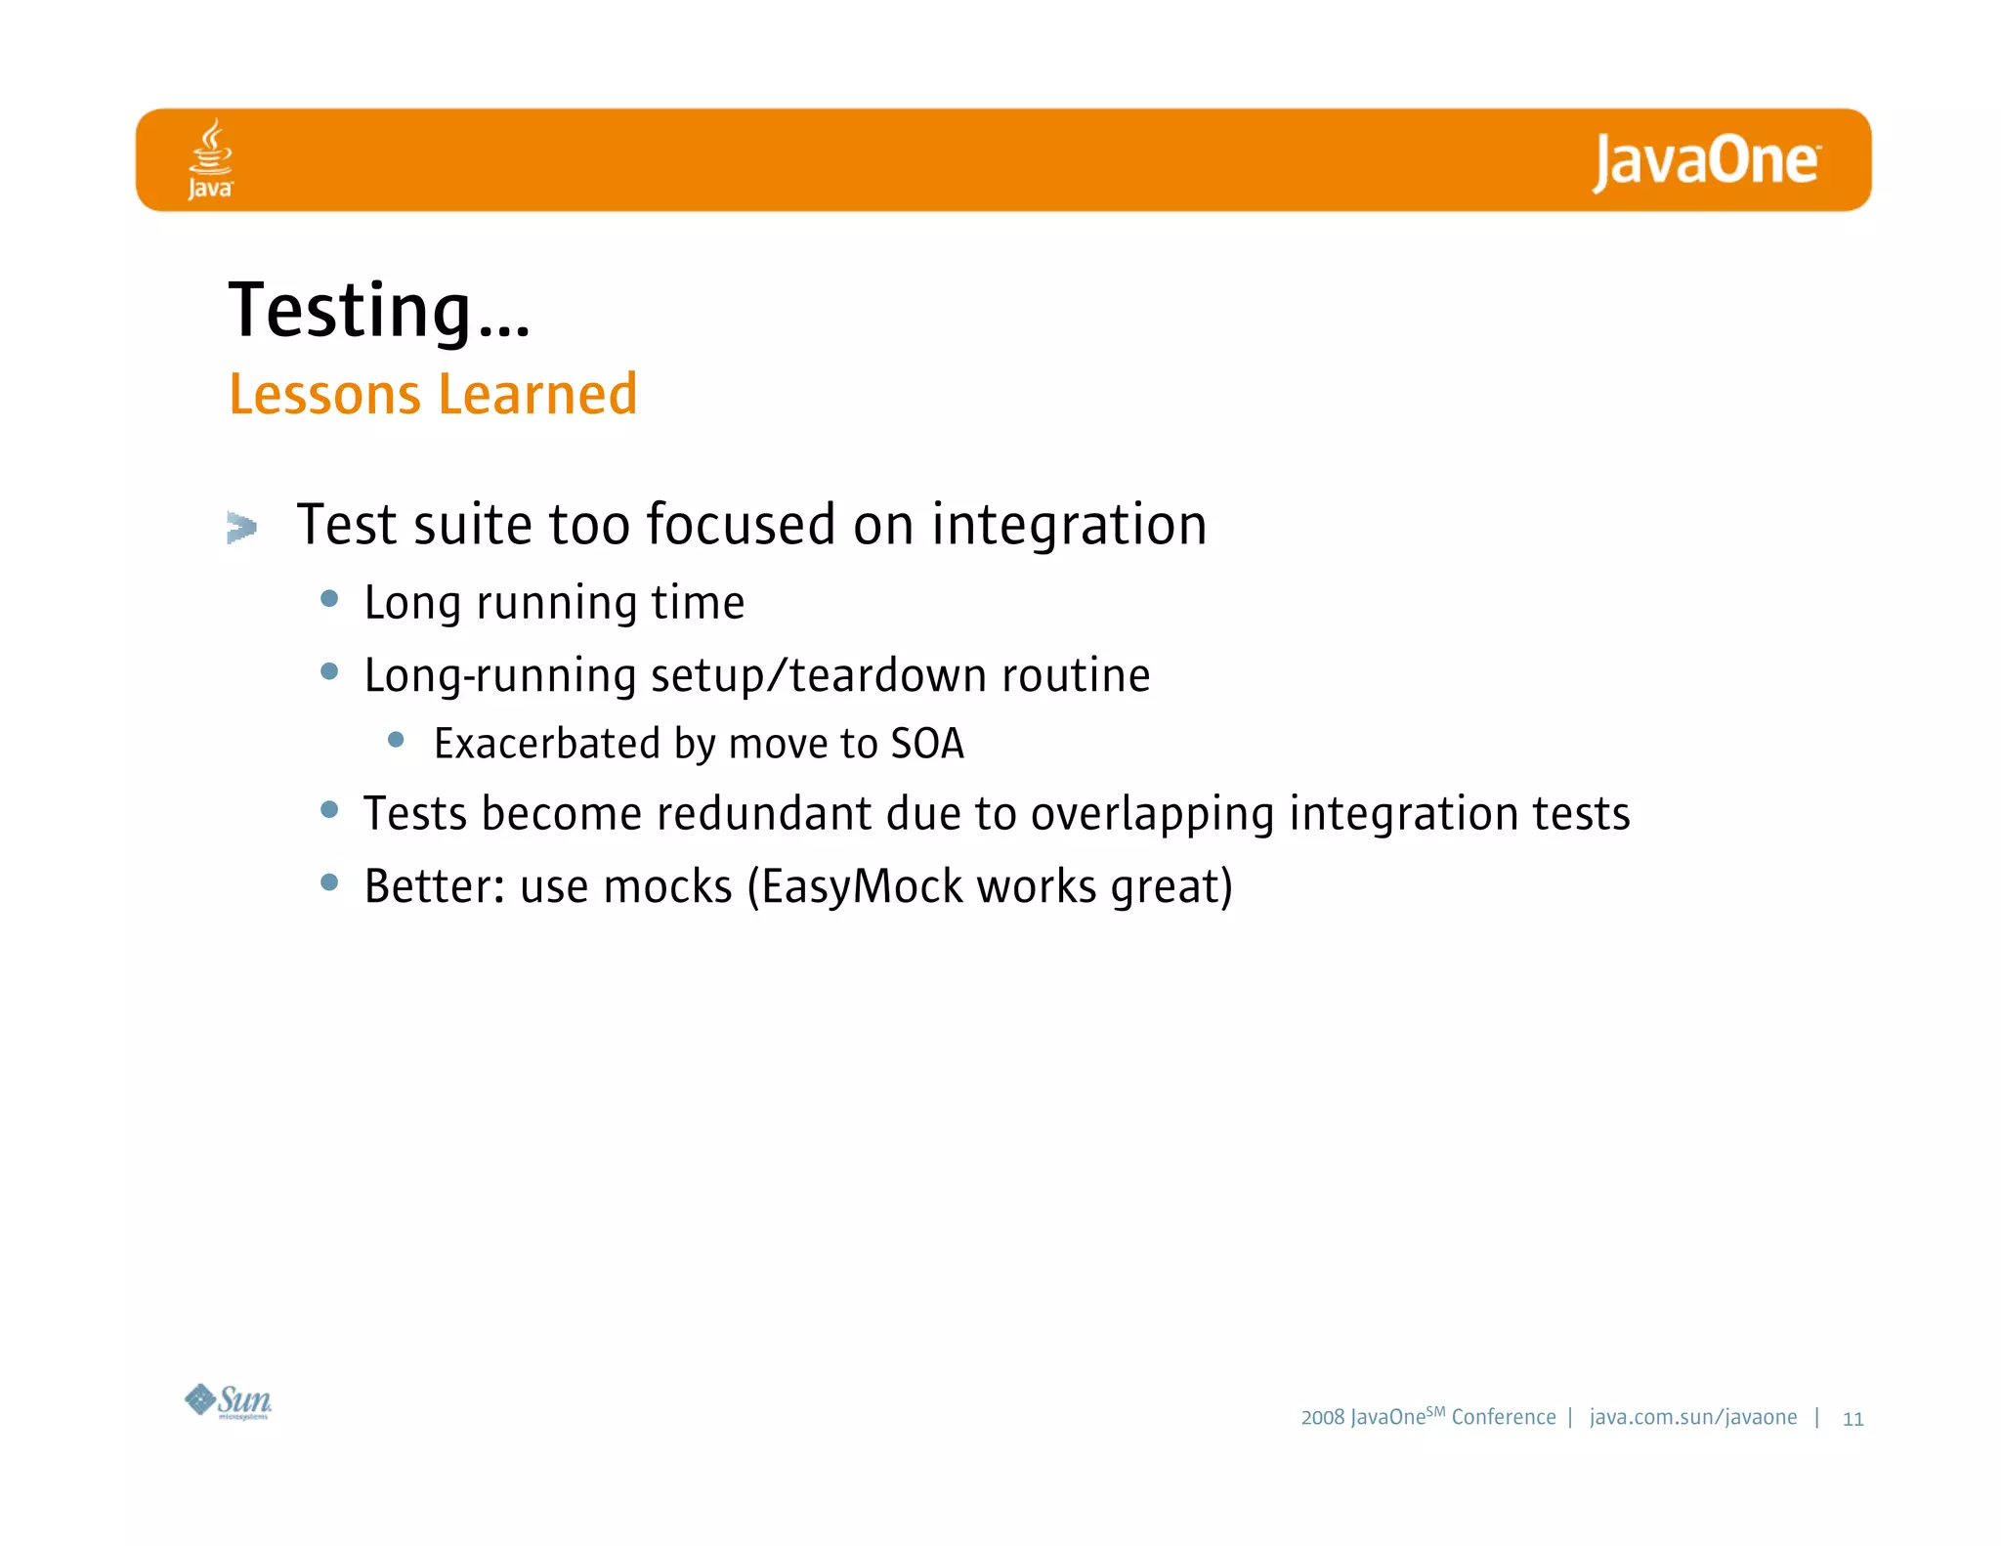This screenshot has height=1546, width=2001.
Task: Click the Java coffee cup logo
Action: pos(210,159)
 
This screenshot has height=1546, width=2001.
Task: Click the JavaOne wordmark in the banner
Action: pos(1705,161)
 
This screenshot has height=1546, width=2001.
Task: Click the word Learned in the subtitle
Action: pos(537,395)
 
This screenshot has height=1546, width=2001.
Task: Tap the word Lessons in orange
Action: pos(324,395)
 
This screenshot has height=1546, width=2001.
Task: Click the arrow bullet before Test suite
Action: pos(241,528)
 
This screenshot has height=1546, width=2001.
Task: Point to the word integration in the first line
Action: pos(1069,526)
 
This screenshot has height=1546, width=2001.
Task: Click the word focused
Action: pos(741,525)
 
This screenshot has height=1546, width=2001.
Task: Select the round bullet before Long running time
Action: pos(329,598)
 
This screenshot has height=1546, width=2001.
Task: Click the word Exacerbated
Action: pos(547,745)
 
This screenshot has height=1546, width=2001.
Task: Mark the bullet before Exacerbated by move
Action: pos(396,740)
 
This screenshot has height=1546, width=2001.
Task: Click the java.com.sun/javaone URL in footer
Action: pos(1692,1417)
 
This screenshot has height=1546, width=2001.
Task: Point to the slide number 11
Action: pos(1852,1419)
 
